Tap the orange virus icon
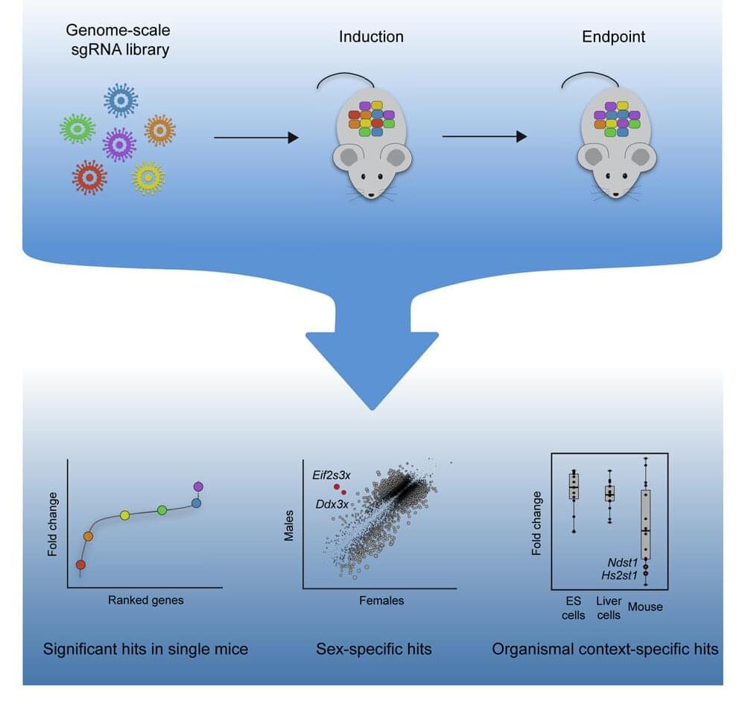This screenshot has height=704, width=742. (159, 130)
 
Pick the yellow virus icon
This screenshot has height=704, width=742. (148, 177)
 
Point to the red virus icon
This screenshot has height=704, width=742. (89, 177)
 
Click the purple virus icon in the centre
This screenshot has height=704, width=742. (118, 143)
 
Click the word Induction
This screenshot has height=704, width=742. (370, 36)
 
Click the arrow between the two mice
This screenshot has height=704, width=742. (484, 137)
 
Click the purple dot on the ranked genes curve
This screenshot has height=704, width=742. (197, 486)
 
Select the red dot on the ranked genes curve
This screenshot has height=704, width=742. (80, 564)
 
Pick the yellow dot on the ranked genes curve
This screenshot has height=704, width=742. (125, 515)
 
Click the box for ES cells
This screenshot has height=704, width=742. (574, 487)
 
